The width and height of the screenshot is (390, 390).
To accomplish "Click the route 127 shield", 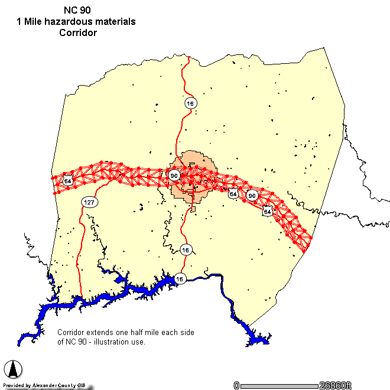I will tap(89, 202).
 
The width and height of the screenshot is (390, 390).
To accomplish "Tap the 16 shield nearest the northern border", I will tap(190, 103).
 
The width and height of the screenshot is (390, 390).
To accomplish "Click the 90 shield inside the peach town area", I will tap(174, 175).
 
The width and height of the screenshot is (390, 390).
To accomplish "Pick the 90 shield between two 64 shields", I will tap(252, 196).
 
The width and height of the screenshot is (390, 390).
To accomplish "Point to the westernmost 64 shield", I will tap(69, 181).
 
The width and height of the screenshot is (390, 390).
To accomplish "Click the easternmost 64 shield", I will tap(268, 211).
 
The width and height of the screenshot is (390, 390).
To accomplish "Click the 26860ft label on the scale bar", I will tap(336, 385).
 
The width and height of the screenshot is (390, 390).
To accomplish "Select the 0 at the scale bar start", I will tap(236, 385).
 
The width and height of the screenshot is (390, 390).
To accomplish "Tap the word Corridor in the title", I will tap(77, 32).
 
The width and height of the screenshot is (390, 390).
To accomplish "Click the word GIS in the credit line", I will tap(79, 386).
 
